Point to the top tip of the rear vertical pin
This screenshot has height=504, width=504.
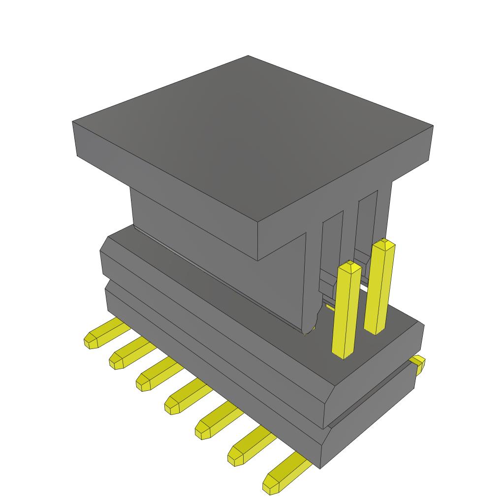384,243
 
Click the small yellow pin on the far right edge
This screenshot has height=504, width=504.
418,364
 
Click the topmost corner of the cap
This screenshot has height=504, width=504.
248,56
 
